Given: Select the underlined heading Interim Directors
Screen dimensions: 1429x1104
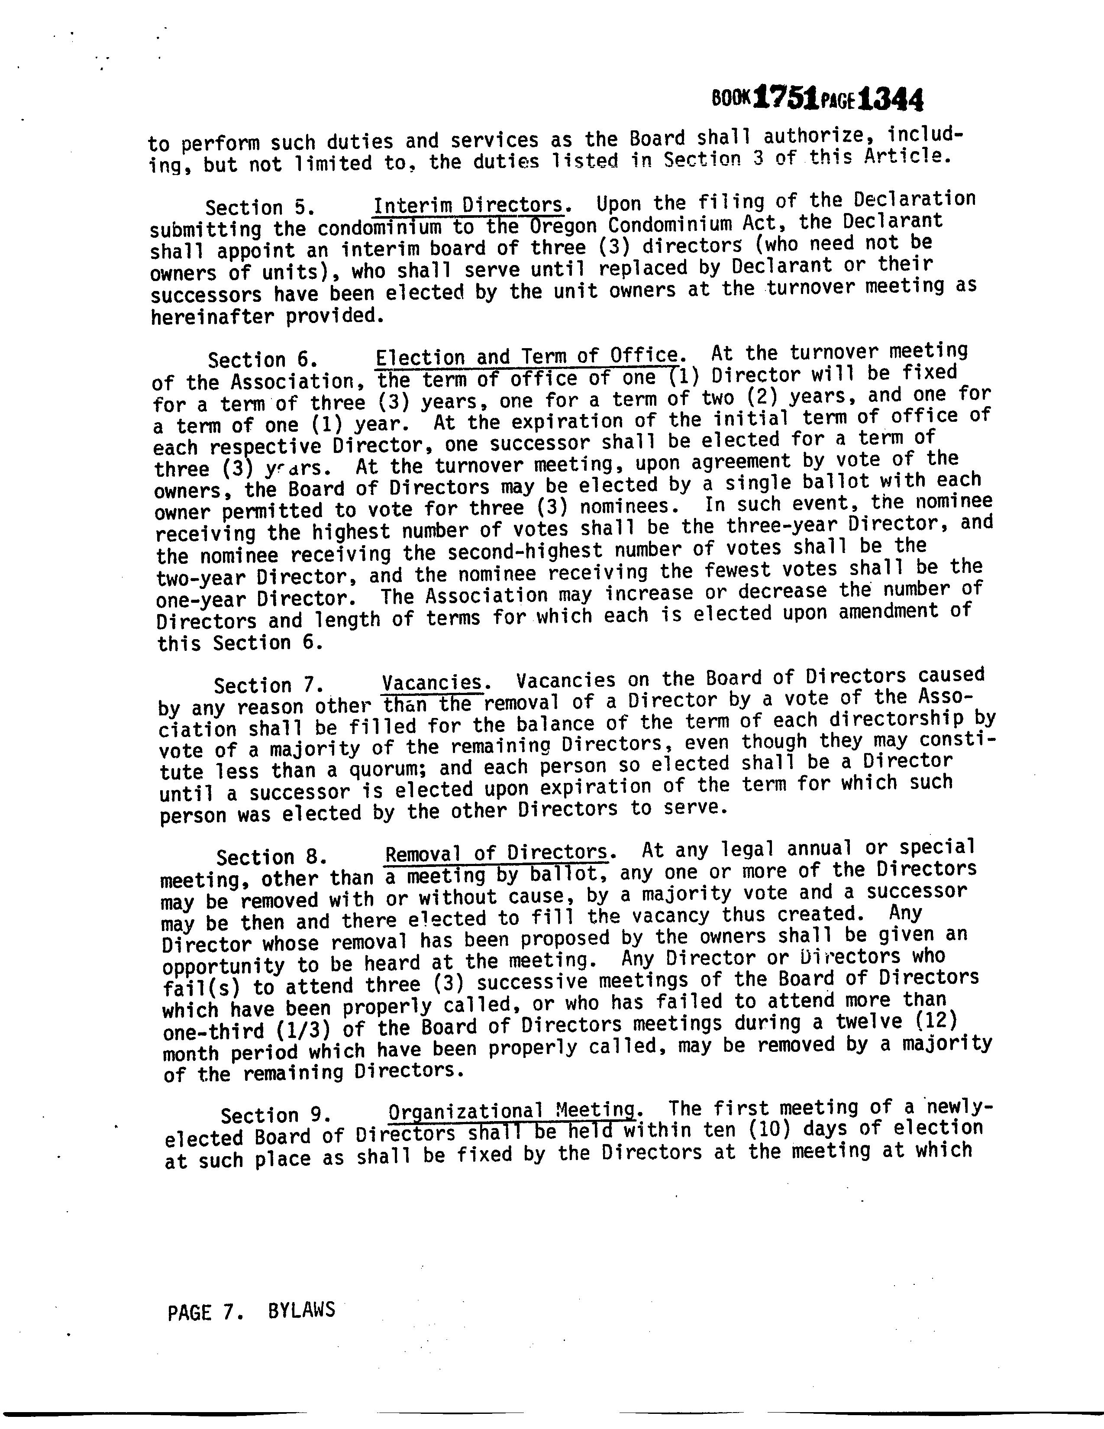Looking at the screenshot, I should pyautogui.click(x=468, y=205).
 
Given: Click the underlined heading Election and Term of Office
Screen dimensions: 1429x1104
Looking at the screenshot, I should pyautogui.click(x=528, y=356).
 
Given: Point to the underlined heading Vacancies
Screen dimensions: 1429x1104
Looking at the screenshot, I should pyautogui.click(x=433, y=682).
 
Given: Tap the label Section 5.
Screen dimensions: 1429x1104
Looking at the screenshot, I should pyautogui.click(x=260, y=207).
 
